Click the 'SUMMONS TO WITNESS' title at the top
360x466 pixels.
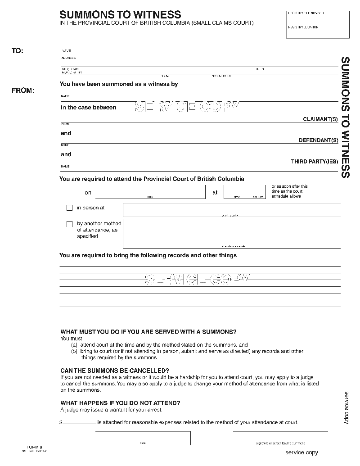click(x=120, y=15)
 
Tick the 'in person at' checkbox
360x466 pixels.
click(x=70, y=208)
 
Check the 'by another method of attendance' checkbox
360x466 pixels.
click(x=70, y=224)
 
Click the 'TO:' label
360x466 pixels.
click(x=18, y=51)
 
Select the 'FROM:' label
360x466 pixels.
click(x=22, y=90)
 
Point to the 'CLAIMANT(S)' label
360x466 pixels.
click(x=320, y=119)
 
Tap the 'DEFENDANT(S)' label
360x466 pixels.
click(x=318, y=140)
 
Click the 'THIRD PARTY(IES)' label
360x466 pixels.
click(x=314, y=162)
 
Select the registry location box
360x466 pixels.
click(x=318, y=33)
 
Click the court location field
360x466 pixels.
click(x=231, y=209)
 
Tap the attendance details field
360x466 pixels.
click(x=231, y=233)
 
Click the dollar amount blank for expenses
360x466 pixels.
click(x=79, y=422)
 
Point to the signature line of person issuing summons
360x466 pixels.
click(x=280, y=437)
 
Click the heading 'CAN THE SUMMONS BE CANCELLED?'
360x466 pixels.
click(x=115, y=370)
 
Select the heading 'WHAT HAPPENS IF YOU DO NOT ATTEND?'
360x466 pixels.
click(x=120, y=403)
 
